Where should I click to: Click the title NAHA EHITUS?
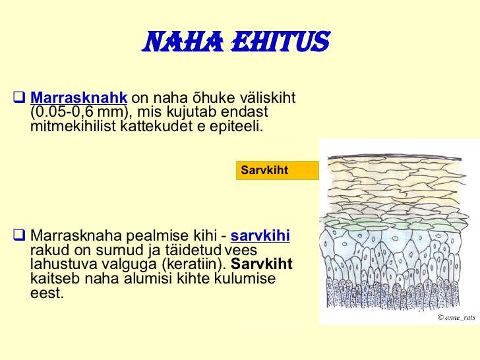236,42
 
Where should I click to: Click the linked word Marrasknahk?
78,98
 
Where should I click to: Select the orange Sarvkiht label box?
278,170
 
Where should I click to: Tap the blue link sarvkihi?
260,236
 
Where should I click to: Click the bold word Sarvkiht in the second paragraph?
261,264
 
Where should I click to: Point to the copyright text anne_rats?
456,317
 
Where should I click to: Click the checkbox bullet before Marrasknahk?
19,97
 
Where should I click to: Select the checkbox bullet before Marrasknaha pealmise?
19,235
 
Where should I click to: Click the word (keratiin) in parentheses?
194,264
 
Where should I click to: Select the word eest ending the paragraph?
47,293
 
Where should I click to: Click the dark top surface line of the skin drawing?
394,158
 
